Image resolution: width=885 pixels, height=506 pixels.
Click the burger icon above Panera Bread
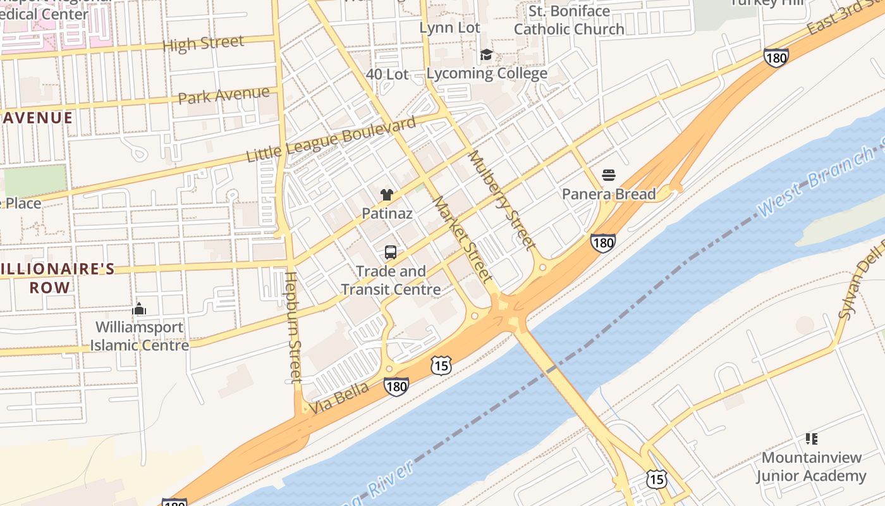[x=609, y=175]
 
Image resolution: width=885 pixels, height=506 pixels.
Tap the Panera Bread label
[x=609, y=194]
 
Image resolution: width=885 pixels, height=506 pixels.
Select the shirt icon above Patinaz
[x=387, y=195]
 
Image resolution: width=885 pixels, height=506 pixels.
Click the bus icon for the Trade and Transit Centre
[x=391, y=252]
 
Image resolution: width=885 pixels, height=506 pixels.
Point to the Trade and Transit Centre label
[x=391, y=280]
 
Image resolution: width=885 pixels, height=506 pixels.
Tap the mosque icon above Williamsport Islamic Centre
[x=139, y=309]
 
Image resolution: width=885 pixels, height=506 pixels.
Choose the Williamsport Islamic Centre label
[x=139, y=336]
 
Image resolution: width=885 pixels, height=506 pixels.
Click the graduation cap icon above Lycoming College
[x=486, y=55]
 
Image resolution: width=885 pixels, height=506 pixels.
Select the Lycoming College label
[x=487, y=73]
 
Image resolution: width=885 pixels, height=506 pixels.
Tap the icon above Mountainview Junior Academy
[x=812, y=438]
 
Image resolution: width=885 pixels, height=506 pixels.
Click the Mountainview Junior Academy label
[x=812, y=466]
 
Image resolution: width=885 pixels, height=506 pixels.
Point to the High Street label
[x=203, y=44]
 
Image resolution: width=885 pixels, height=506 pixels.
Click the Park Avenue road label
[x=224, y=96]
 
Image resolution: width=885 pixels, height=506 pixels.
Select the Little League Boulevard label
[x=331, y=139]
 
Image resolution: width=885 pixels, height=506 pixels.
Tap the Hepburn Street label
[x=293, y=327]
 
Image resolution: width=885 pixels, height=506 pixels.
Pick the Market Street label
[x=462, y=239]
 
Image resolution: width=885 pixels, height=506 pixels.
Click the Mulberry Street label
[x=503, y=200]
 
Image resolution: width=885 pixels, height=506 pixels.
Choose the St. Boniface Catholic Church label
[x=569, y=20]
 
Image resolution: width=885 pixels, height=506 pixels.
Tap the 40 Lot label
[x=388, y=74]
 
